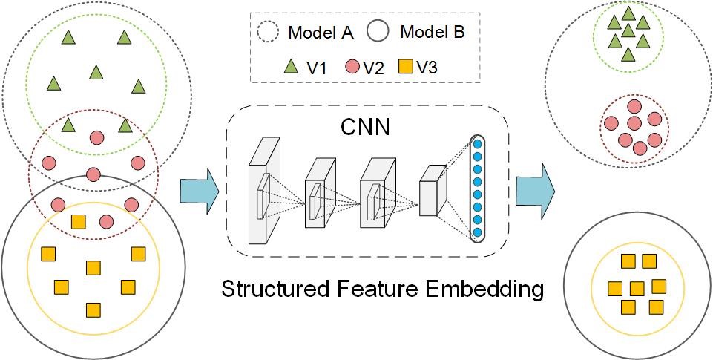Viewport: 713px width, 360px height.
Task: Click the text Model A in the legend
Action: [321, 33]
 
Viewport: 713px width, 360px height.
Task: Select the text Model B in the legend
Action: [433, 33]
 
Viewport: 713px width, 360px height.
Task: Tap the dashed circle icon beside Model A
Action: [269, 33]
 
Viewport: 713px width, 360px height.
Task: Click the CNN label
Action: [365, 127]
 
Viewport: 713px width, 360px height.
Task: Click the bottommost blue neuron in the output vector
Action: [478, 232]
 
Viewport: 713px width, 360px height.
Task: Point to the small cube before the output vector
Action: [433, 190]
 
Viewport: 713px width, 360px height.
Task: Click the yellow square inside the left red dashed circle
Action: [78, 223]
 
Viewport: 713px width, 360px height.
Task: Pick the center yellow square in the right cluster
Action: [637, 288]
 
